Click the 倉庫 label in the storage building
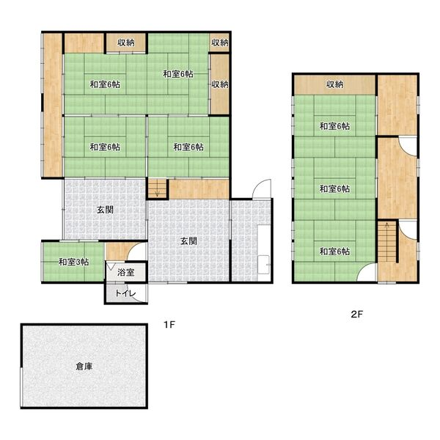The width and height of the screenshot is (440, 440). (84, 366)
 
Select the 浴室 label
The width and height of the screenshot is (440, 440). (125, 272)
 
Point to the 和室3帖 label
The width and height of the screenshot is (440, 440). (73, 262)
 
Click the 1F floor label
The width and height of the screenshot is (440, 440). (169, 325)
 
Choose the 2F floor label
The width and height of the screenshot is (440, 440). (356, 315)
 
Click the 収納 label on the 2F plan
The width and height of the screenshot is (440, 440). (335, 84)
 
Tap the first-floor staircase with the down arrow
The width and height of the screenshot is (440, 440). (158, 188)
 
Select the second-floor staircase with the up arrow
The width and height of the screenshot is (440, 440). (387, 241)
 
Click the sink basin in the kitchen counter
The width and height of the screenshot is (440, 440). (264, 264)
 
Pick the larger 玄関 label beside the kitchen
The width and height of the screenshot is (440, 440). (188, 241)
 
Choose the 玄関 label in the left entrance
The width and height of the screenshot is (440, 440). (105, 210)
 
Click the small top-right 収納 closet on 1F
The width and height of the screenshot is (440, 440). (220, 43)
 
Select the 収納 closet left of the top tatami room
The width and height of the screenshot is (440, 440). (126, 43)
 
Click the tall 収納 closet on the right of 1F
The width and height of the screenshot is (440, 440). (220, 84)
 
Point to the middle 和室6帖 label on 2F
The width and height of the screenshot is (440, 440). (335, 188)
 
